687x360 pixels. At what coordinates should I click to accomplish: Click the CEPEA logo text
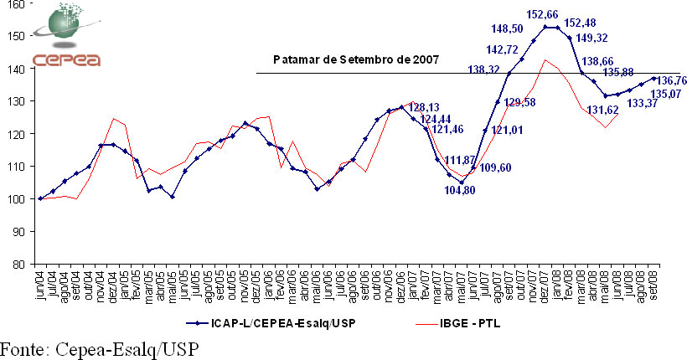tap(66, 59)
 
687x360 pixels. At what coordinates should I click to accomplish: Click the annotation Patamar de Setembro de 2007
tap(355, 61)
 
